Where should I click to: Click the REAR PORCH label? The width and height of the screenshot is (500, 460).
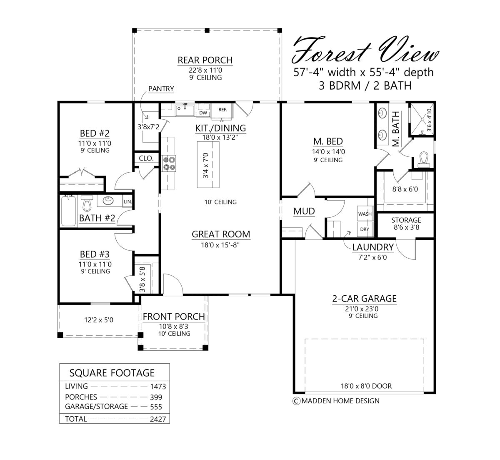pos(205,60)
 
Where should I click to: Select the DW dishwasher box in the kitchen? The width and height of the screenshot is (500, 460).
pos(203,112)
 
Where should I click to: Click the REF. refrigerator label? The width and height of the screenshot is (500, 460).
pos(222,110)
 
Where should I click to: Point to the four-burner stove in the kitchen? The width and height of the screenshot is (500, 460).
pos(170,163)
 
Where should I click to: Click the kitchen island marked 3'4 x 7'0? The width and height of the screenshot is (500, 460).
pos(207,165)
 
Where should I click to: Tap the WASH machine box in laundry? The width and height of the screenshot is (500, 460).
pos(365,214)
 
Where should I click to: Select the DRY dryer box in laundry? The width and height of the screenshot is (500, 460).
pos(365,229)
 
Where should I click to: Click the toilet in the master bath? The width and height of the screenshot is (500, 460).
pos(423,159)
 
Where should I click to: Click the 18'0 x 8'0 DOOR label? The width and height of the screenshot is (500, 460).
pos(366,386)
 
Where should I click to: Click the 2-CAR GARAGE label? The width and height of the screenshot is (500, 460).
pos(364,299)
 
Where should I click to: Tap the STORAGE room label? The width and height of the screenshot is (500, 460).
pos(406,220)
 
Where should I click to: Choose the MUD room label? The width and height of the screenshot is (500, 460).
pos(304,211)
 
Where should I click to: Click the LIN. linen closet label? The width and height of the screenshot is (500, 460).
pos(127,202)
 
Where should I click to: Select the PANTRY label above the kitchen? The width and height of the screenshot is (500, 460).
pos(161,89)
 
